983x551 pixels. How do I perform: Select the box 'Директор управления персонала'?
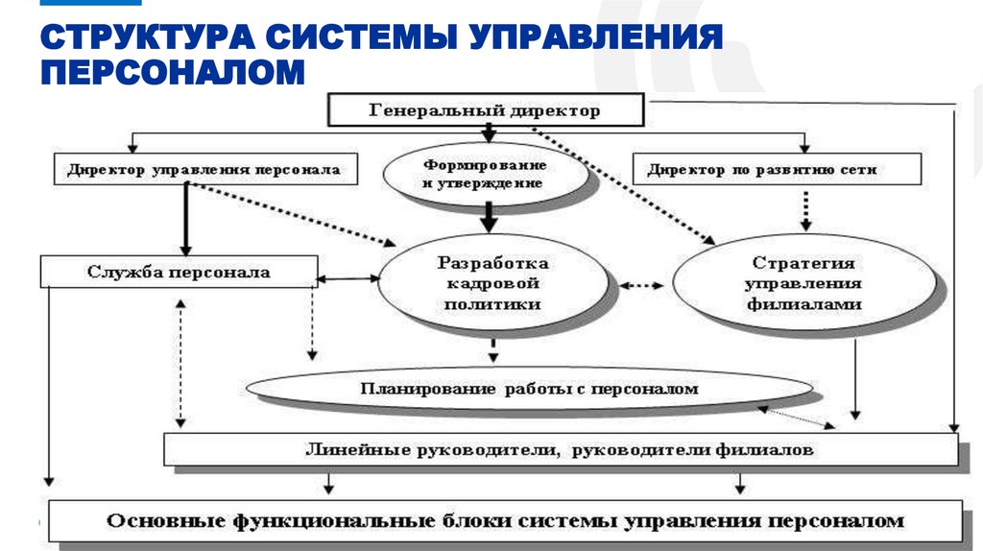[x=204, y=169]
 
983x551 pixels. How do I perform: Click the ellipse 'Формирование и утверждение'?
[x=485, y=174]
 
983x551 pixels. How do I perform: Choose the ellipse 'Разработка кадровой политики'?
[x=492, y=282]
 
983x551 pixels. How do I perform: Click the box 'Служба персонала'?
[x=179, y=272]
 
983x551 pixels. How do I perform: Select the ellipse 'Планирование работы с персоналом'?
[x=529, y=389]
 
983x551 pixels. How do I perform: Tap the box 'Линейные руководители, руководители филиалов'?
[x=560, y=448]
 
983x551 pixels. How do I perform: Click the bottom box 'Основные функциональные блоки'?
[x=505, y=521]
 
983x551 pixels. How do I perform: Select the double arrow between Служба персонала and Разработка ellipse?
[x=348, y=279]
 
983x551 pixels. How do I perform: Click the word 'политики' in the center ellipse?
[x=492, y=303]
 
